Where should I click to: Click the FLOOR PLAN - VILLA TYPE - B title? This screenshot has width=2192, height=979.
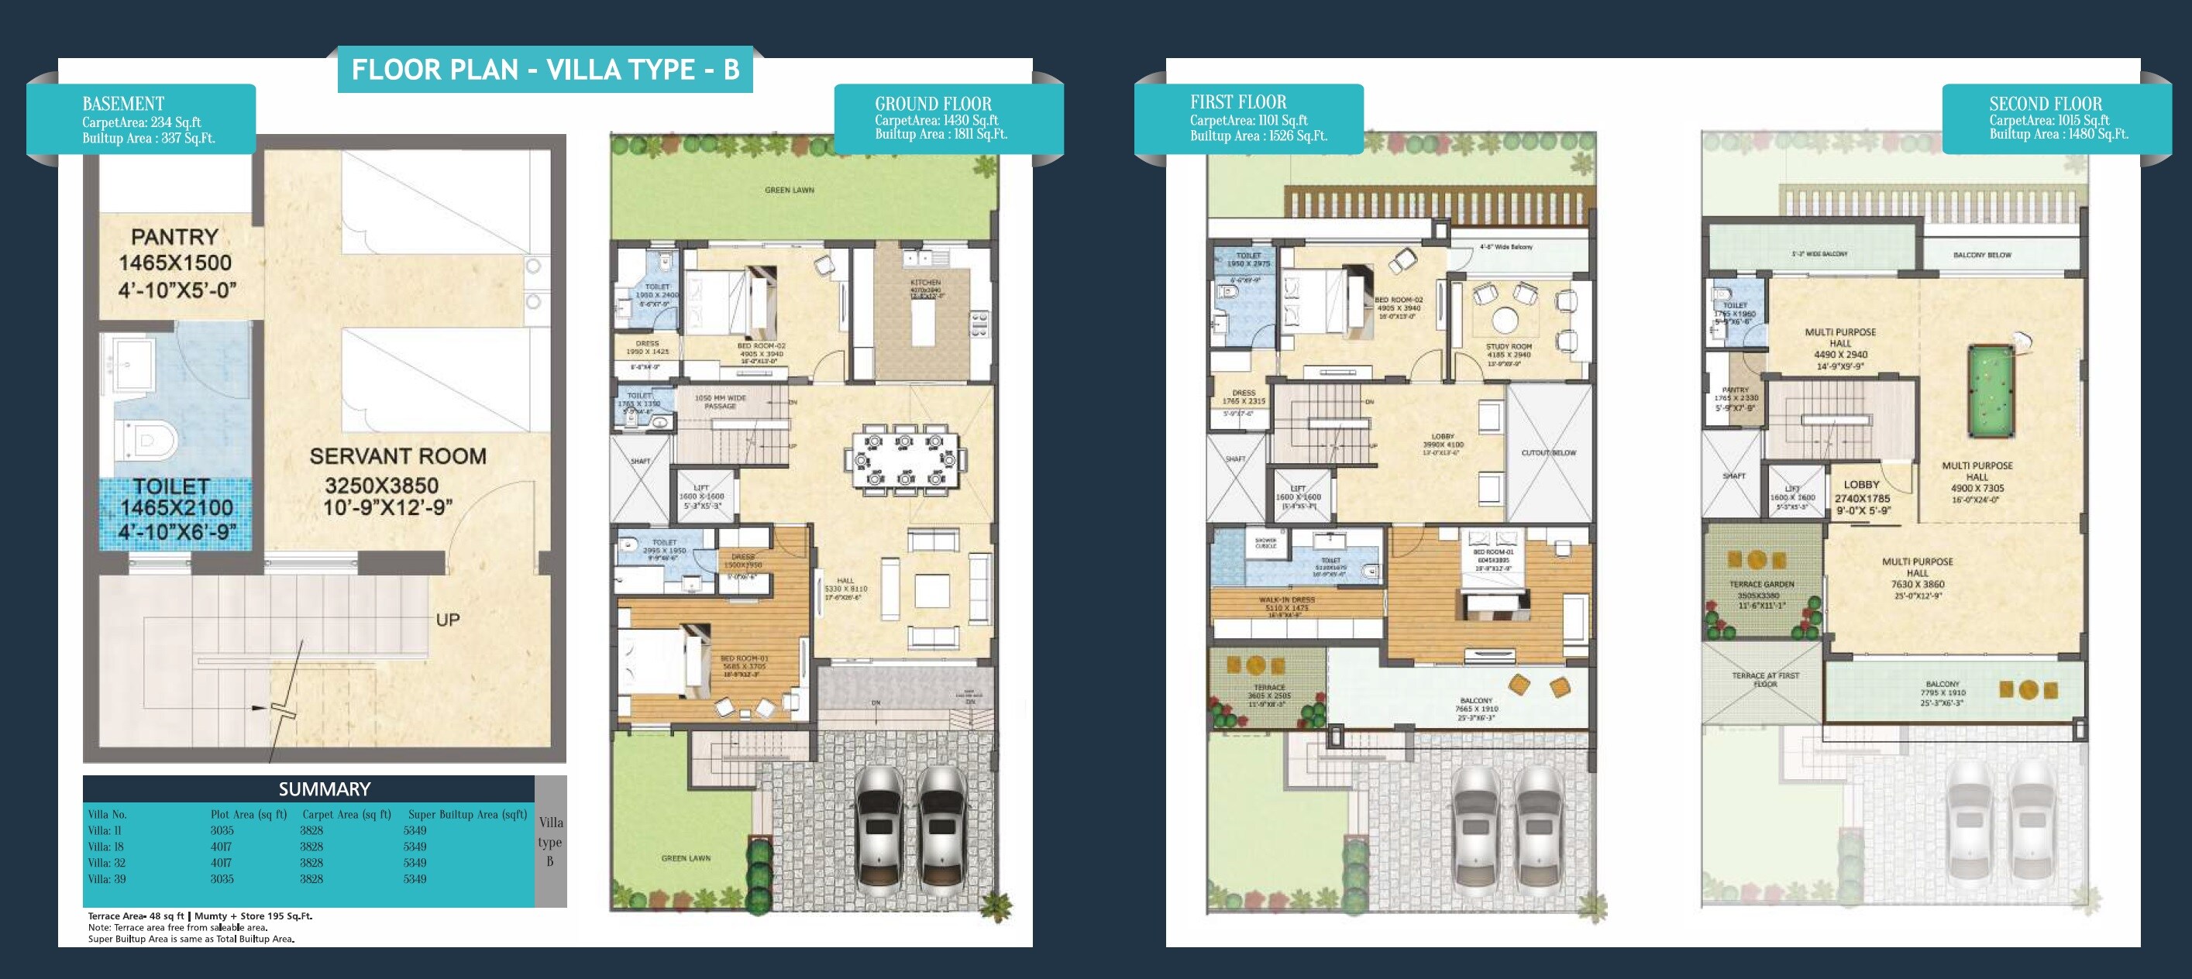click(545, 70)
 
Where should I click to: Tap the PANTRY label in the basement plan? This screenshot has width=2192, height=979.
click(174, 236)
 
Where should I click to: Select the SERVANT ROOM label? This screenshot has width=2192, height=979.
click(397, 457)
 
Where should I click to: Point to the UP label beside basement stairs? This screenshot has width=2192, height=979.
click(448, 620)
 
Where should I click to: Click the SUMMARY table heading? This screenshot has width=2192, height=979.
click(324, 788)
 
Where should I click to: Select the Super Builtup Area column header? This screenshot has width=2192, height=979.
click(467, 814)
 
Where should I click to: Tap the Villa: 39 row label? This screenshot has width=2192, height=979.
click(106, 878)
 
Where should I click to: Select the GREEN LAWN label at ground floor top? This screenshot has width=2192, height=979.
click(789, 190)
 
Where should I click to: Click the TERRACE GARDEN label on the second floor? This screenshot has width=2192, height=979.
click(1761, 584)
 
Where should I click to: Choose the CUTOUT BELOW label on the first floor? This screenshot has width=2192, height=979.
click(1548, 452)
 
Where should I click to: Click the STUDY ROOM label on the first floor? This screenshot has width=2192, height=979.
click(1509, 346)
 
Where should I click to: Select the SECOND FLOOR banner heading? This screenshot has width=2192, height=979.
click(2045, 104)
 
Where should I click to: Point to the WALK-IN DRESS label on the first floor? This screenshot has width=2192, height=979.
click(1286, 599)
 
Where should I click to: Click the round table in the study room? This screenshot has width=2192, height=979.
click(1505, 321)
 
